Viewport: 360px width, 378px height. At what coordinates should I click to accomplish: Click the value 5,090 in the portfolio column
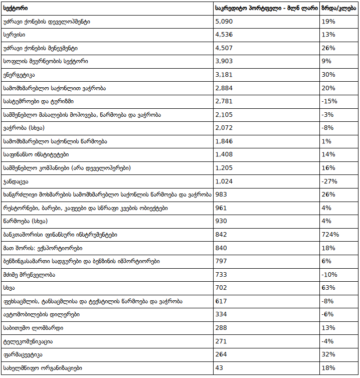point(224,22)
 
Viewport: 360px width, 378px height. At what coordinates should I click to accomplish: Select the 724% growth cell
point(330,235)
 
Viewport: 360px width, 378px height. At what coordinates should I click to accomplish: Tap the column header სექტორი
point(16,8)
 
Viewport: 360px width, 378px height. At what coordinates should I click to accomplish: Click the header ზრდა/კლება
point(338,8)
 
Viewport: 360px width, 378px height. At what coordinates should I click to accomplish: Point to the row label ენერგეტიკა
point(19,75)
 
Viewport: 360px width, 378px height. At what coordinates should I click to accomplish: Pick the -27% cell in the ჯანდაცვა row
point(329,181)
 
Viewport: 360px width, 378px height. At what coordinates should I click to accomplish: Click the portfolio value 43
point(219,368)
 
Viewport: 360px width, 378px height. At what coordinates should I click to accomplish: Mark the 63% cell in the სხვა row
point(328,288)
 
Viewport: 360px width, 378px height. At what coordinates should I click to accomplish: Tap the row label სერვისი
point(14,35)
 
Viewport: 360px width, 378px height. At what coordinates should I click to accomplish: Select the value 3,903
point(224,61)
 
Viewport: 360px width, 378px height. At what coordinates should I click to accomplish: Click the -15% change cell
point(329,101)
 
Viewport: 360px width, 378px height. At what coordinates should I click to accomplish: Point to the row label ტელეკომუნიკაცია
point(28,341)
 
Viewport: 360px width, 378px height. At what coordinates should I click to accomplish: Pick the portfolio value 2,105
point(224,115)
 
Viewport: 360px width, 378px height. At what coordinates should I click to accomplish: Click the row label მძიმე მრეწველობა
point(29,275)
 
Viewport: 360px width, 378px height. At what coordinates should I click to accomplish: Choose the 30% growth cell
point(328,75)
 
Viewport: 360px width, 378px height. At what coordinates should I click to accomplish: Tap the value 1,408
point(224,154)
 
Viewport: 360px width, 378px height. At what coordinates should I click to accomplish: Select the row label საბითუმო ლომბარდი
point(33,328)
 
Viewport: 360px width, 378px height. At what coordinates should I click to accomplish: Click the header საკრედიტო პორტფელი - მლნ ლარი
point(266,8)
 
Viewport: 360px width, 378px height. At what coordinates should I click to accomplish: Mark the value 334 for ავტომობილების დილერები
point(221,314)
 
